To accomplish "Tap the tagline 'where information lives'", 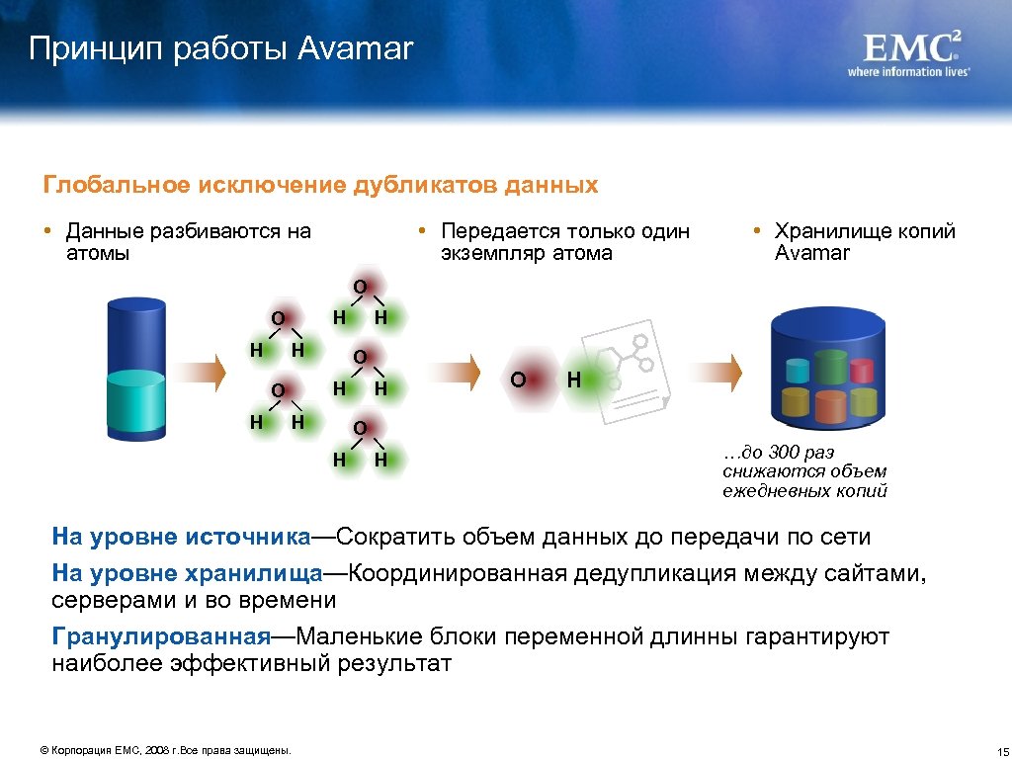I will (x=908, y=71).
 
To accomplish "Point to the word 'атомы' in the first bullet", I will (x=97, y=253).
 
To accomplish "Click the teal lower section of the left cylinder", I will (x=136, y=404).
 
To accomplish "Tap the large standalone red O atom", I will (x=517, y=379).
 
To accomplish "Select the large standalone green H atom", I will (x=574, y=379).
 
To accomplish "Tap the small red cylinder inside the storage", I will (x=862, y=368).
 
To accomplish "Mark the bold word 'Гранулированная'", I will (x=160, y=636).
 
